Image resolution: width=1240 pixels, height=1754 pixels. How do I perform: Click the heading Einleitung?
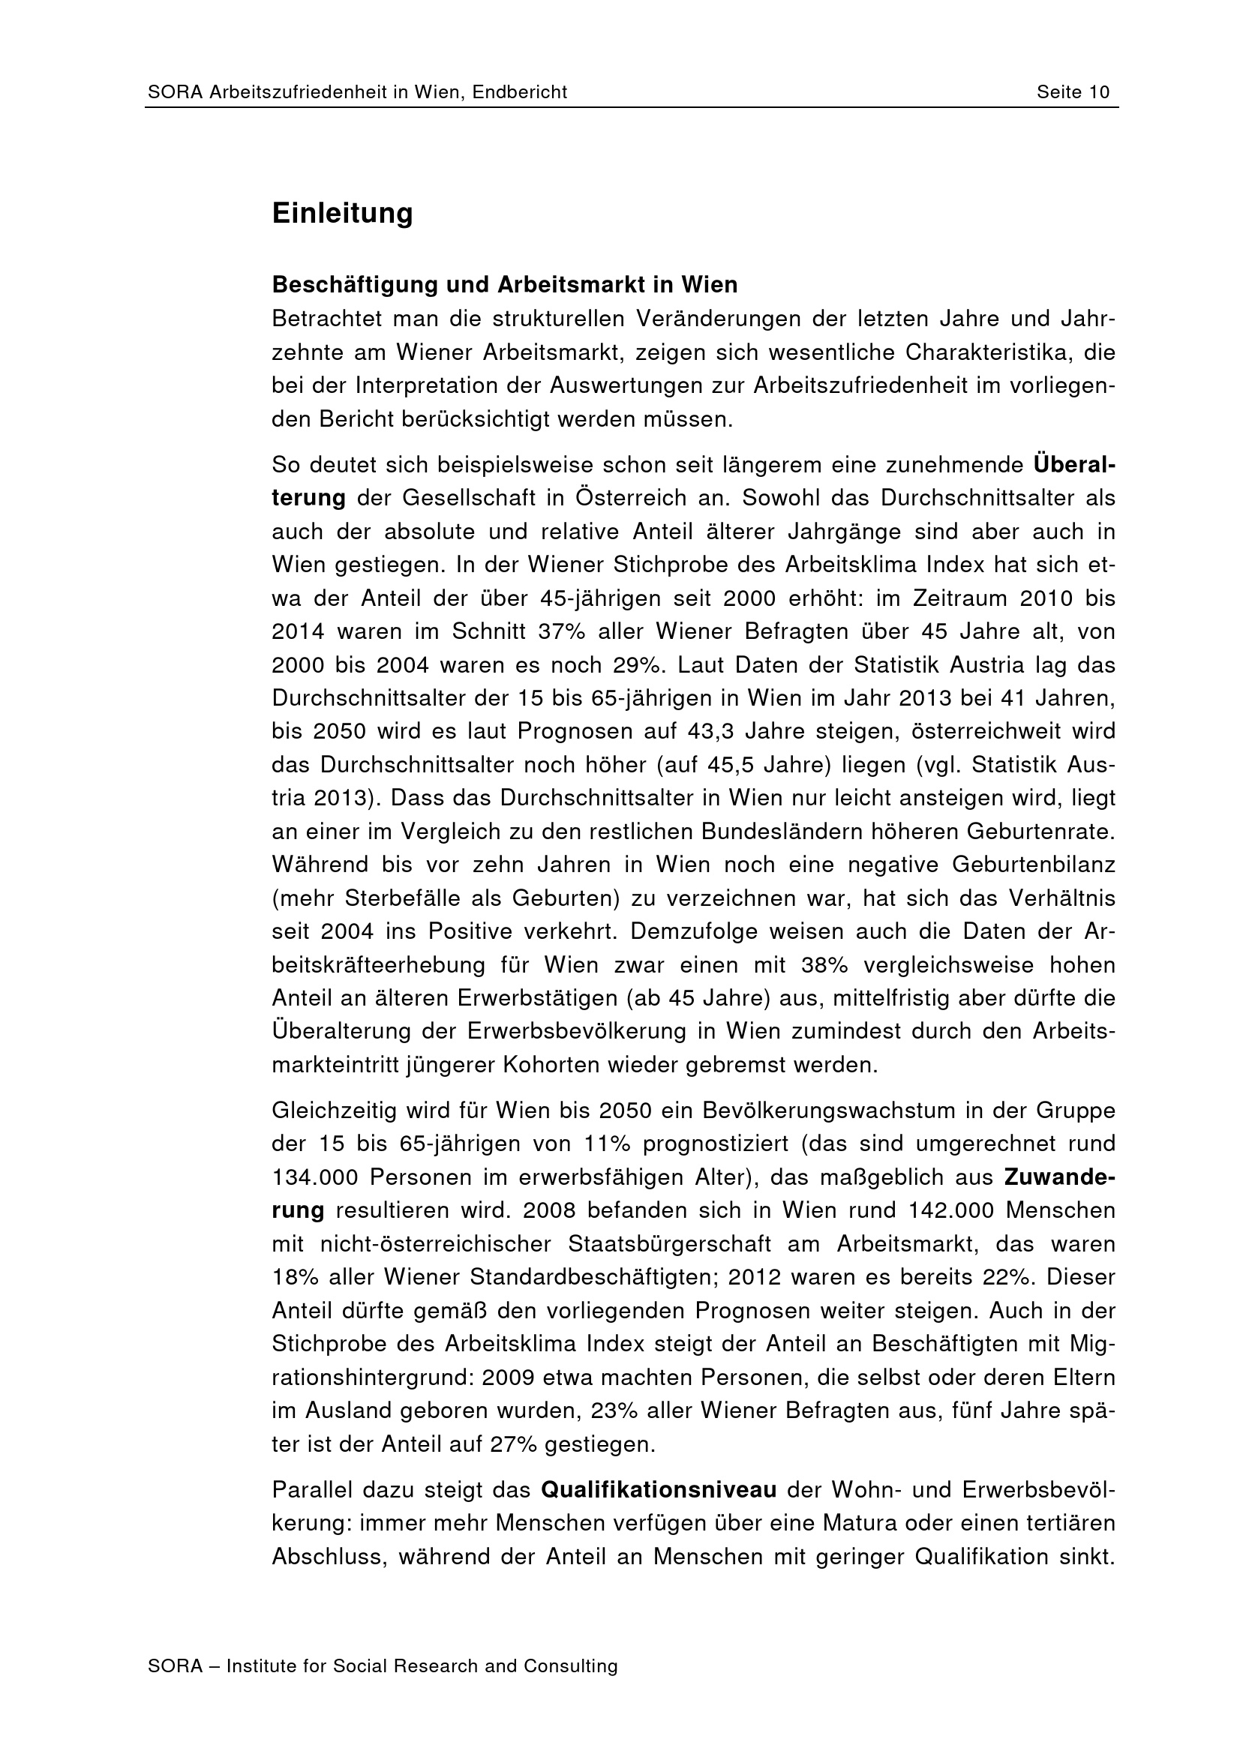coord(342,213)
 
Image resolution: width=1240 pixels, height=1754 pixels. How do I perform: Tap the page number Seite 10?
coord(1073,92)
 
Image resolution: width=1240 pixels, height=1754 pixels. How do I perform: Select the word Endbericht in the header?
coord(520,92)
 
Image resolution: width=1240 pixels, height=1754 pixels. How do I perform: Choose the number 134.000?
coord(314,1177)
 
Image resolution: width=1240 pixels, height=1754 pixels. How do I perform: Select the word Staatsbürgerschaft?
coord(669,1243)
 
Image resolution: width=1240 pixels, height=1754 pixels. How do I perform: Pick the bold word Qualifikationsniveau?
coord(659,1490)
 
